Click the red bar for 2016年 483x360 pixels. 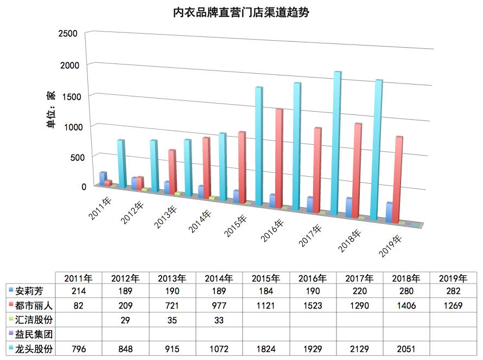(x=279, y=157)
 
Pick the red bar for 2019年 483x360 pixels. (x=399, y=179)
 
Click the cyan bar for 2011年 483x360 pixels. (x=121, y=164)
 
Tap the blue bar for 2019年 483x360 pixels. (x=389, y=213)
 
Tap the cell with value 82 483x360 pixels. (x=79, y=305)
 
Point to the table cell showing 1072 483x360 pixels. (x=219, y=349)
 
